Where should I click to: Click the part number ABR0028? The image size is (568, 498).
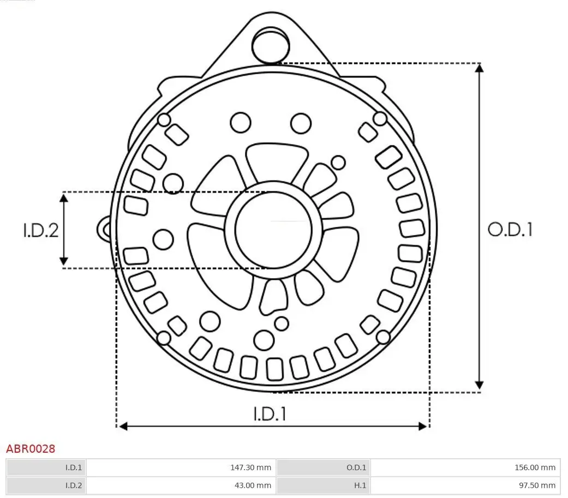click(31, 449)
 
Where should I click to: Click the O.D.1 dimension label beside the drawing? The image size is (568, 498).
click(510, 230)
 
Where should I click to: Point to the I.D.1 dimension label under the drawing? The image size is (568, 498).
click(270, 415)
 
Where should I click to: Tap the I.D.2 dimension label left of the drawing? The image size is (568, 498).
click(40, 230)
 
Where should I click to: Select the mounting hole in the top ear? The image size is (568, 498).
click(270, 45)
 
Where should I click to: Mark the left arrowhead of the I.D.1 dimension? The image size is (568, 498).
click(123, 426)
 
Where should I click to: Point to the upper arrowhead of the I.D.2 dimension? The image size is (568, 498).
click(64, 197)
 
